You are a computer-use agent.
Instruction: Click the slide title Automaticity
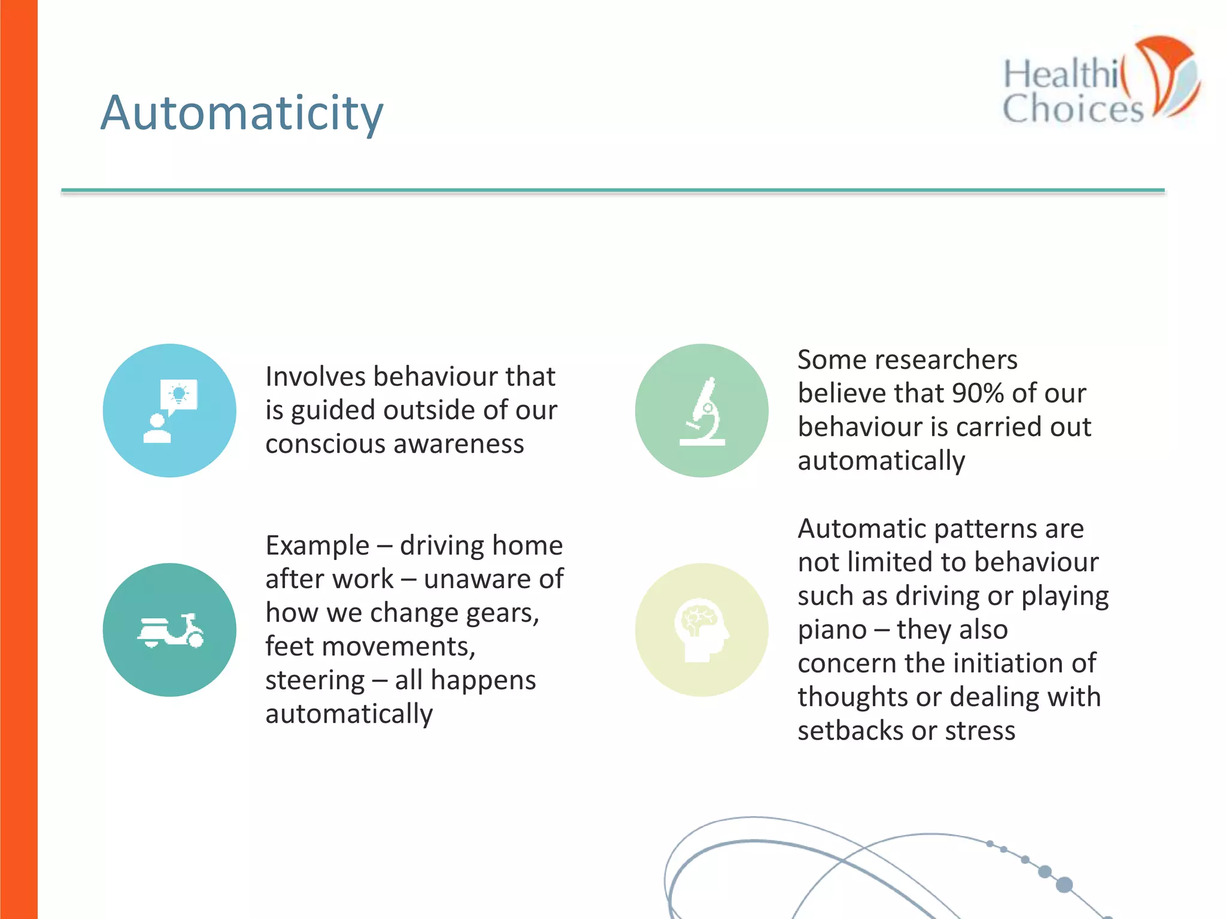point(241,113)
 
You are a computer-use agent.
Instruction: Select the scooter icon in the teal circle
point(170,631)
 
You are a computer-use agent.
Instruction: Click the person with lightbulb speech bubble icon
point(170,411)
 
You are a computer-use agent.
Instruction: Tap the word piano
point(832,630)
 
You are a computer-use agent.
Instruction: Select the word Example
point(317,546)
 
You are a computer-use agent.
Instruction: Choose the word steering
point(315,681)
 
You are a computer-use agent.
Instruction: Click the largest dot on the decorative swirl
point(1064,885)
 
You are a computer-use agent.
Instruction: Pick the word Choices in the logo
point(1073,109)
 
